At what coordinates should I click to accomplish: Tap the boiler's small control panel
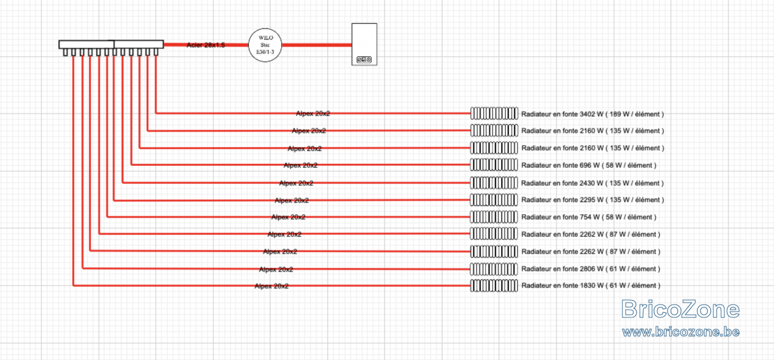364,60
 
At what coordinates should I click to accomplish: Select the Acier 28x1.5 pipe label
206,45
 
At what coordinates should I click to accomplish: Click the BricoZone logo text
680,309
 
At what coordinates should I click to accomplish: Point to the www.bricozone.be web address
680,332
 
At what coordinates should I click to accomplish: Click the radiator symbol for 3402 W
494,114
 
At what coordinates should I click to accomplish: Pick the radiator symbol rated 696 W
494,165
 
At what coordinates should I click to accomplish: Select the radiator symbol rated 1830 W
494,286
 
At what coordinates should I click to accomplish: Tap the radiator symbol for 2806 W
494,269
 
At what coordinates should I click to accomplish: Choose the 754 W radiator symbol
494,217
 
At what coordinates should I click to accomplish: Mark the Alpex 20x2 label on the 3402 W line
313,114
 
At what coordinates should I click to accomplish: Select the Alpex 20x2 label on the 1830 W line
272,286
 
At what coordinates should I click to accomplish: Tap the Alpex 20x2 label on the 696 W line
301,165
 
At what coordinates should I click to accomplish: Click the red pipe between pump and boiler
317,45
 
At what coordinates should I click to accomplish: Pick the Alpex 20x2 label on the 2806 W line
276,270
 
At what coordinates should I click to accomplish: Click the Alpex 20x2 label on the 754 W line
288,217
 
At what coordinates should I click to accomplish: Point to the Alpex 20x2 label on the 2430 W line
296,183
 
